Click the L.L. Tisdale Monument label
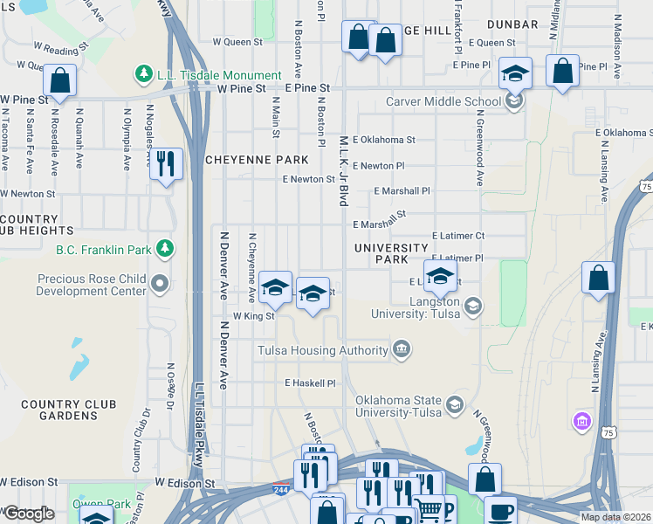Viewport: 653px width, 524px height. (x=219, y=75)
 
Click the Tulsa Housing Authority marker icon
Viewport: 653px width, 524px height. (x=401, y=350)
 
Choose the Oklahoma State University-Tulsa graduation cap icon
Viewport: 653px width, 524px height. (x=454, y=404)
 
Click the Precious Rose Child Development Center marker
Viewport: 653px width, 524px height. (x=159, y=284)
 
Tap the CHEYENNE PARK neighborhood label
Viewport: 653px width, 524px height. (x=257, y=160)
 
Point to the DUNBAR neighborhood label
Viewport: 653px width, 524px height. (x=512, y=24)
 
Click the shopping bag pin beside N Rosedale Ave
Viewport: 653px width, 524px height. (x=60, y=81)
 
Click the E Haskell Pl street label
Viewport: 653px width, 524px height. (x=310, y=383)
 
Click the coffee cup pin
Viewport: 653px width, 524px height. (x=501, y=510)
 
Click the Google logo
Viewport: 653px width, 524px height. (x=29, y=514)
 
